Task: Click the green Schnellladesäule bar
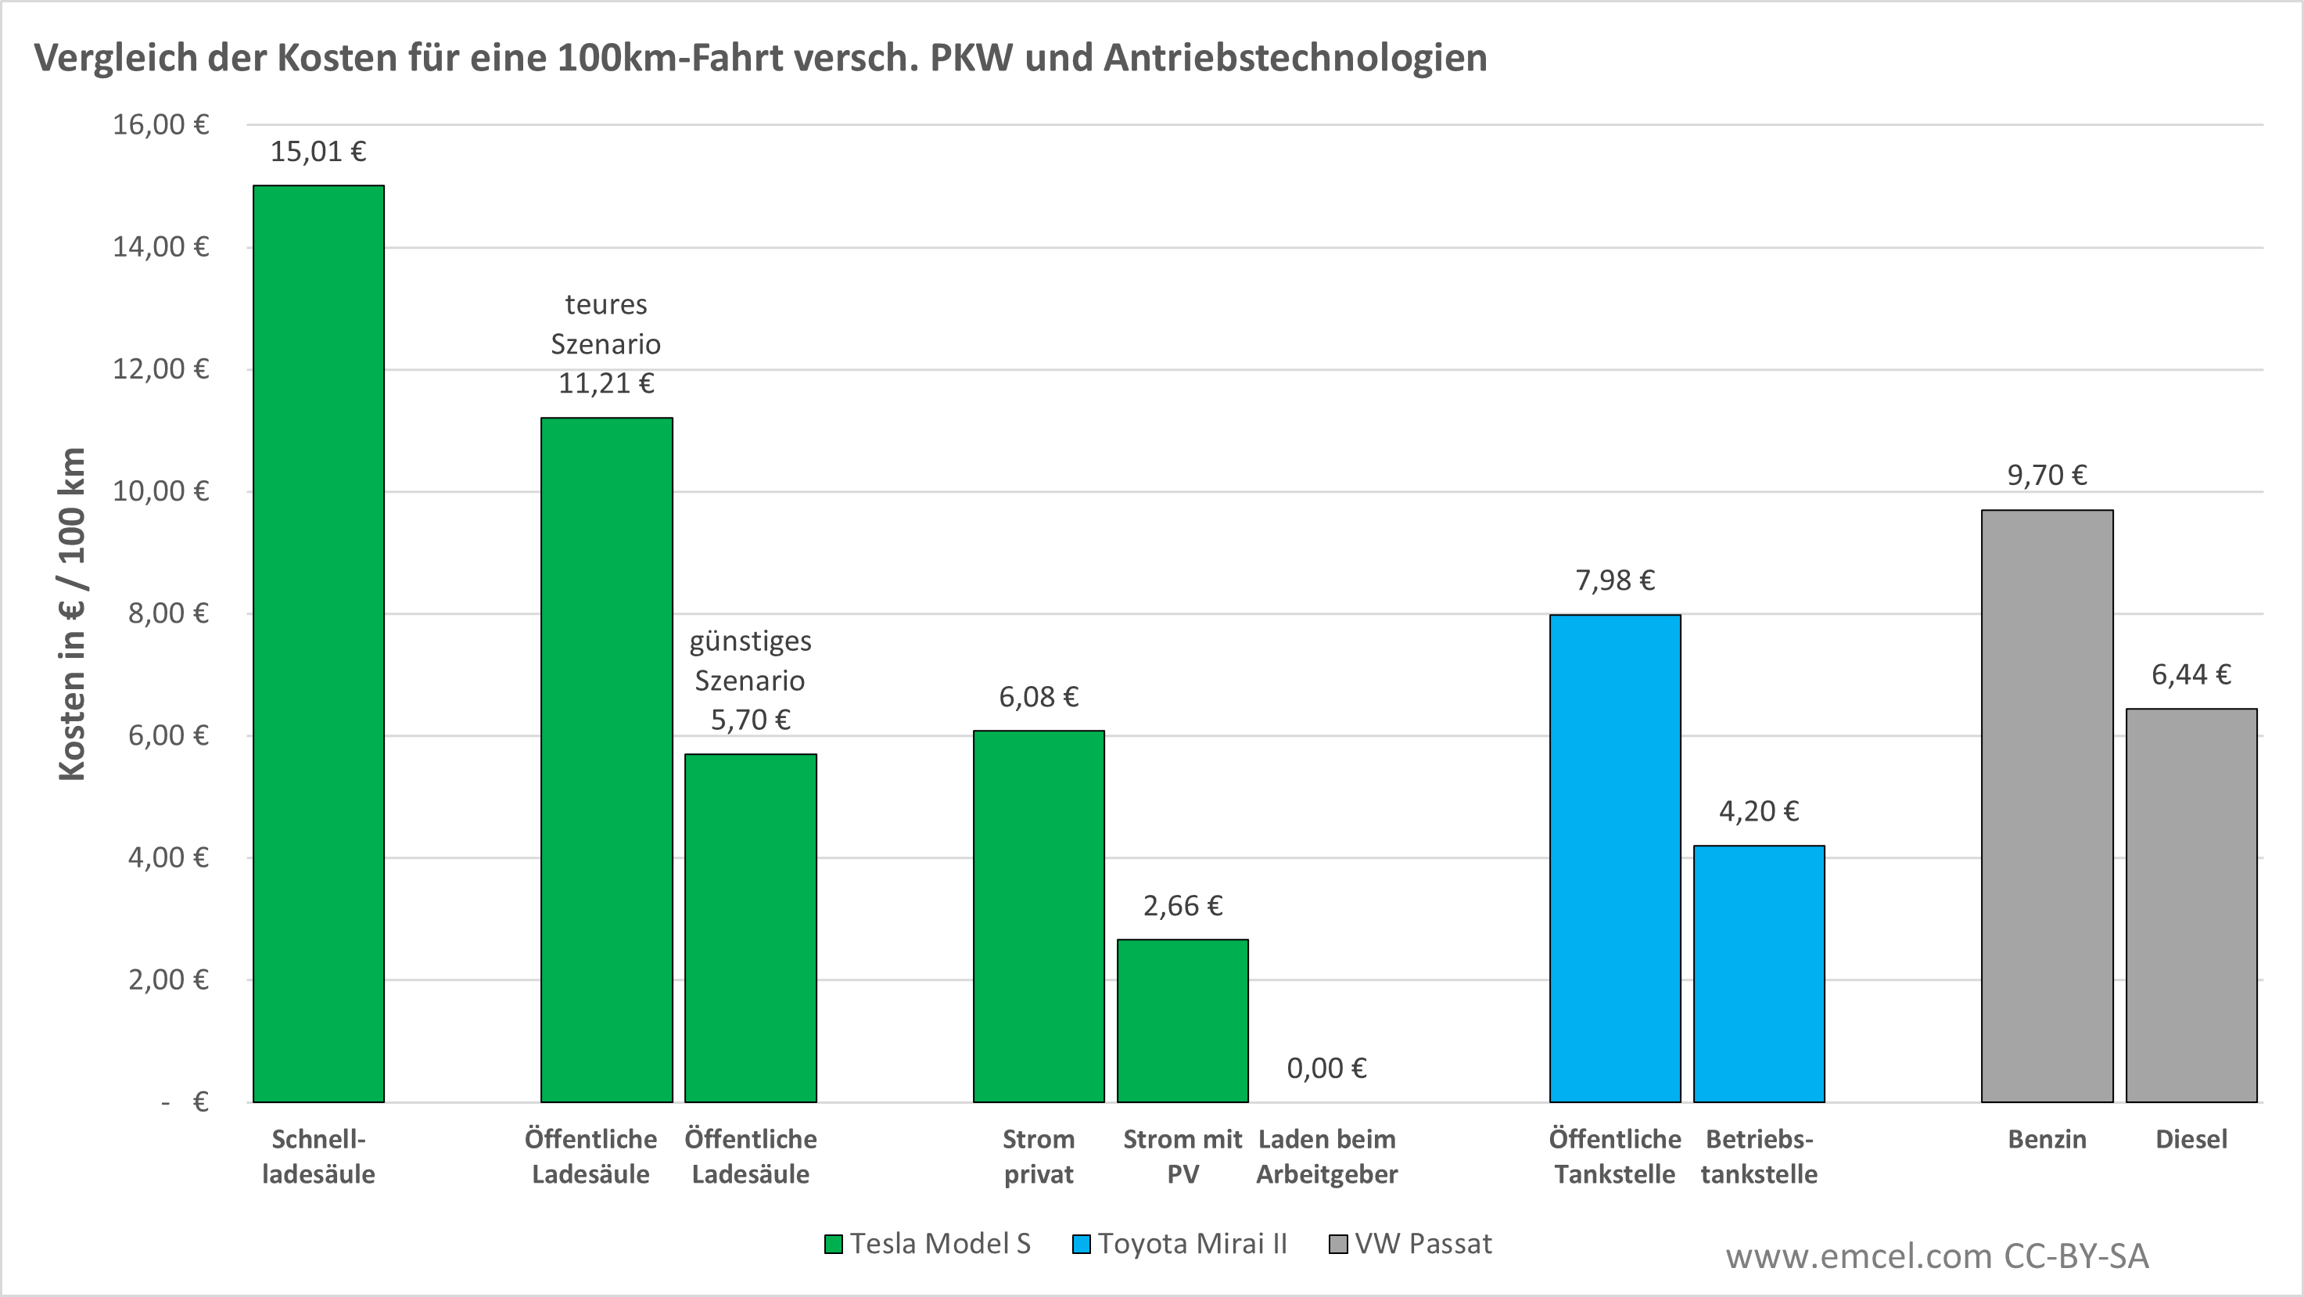tap(318, 643)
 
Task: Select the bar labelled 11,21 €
tap(606, 760)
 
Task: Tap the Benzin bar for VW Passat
tap(2047, 805)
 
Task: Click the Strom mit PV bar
tap(1183, 1020)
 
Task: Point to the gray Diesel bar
tap(2191, 904)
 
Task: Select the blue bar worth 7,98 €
tap(1614, 858)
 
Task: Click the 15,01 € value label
tap(318, 152)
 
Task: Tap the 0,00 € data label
tap(1326, 1068)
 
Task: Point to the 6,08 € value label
tap(1039, 697)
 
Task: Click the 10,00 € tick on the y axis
tap(161, 491)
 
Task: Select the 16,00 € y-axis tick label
tap(161, 124)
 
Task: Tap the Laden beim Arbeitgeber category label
tap(1326, 1156)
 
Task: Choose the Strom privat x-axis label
tap(1039, 1156)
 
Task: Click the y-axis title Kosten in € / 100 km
tap(71, 613)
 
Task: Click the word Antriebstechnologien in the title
tap(1295, 58)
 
